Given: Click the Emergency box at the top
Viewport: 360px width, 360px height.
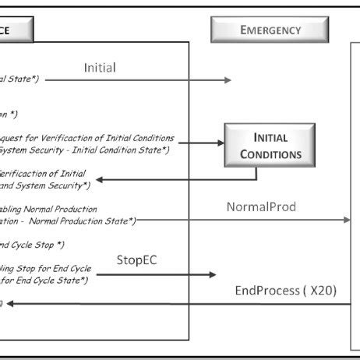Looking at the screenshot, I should click(270, 30).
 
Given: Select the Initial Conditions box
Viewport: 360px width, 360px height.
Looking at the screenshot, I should click(270, 146).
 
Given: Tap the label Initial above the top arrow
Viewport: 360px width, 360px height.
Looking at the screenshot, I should click(100, 68).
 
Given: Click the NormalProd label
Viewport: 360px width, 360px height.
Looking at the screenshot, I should click(261, 207).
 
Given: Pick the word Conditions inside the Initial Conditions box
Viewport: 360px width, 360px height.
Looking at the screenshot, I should click(270, 154).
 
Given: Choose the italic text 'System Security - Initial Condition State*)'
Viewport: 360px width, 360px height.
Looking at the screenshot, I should click(77, 149).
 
